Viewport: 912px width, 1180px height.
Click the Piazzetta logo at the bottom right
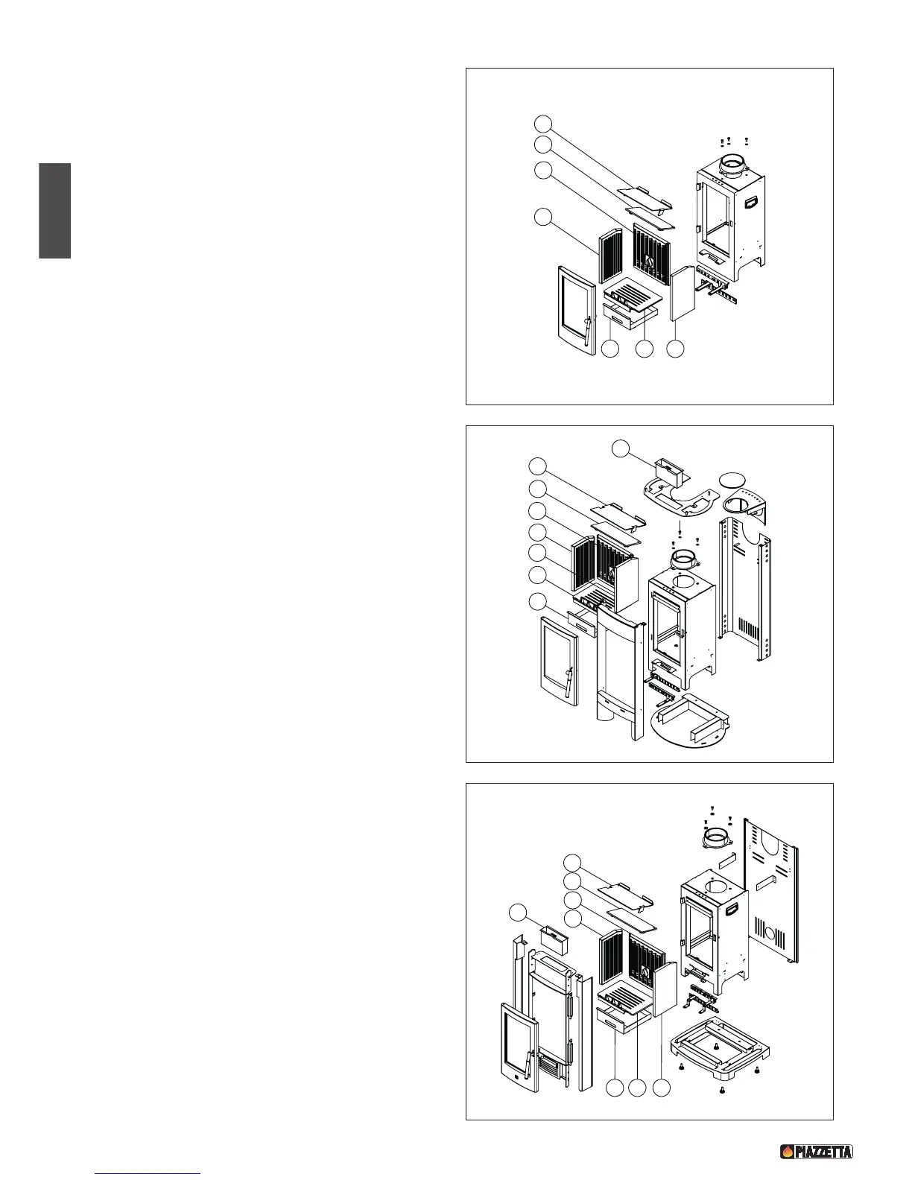click(816, 1151)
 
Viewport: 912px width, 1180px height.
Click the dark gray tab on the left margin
click(54, 211)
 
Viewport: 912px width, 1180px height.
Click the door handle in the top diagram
click(586, 328)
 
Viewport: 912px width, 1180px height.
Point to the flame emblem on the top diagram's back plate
click(648, 263)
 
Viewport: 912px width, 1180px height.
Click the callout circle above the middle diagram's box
click(620, 448)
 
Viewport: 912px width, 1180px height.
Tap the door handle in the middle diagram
click(569, 681)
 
